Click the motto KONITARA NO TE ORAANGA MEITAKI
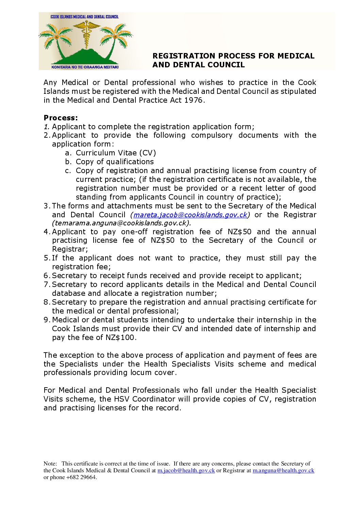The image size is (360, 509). tap(85, 67)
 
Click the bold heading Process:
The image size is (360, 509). tap(61, 118)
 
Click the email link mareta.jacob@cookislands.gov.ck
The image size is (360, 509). tap(190, 215)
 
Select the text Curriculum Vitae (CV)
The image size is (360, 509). tap(116, 153)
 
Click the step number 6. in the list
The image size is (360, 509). tap(47, 276)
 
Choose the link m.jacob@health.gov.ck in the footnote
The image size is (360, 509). tap(186, 471)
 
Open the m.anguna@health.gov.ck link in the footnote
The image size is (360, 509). tap(283, 471)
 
